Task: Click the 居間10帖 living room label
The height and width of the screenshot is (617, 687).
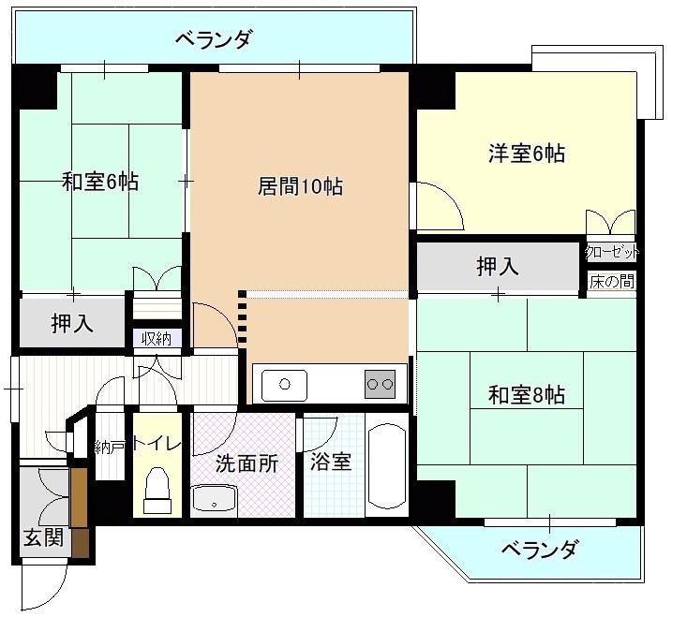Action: (x=300, y=186)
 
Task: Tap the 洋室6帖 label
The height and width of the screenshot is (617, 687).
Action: (x=526, y=154)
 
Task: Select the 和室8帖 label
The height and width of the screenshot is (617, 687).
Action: (x=526, y=395)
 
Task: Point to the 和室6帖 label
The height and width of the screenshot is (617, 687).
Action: (x=100, y=182)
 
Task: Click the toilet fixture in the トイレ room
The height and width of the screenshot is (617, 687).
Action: (x=157, y=490)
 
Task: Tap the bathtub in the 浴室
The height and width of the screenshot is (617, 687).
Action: (x=387, y=465)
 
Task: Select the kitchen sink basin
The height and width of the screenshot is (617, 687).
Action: (x=284, y=385)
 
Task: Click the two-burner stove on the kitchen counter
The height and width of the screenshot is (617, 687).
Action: (x=380, y=384)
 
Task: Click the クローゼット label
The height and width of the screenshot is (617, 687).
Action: (x=612, y=253)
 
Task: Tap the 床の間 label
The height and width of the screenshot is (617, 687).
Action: (x=612, y=282)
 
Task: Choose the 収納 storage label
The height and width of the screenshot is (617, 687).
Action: (x=157, y=338)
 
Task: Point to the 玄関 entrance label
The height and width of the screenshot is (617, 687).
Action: (x=43, y=537)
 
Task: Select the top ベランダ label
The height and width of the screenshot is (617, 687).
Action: (x=215, y=39)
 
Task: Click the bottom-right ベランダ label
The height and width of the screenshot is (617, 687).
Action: (x=540, y=549)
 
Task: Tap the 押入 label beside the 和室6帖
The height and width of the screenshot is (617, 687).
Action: (x=72, y=323)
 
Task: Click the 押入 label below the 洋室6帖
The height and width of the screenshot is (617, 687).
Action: (x=498, y=266)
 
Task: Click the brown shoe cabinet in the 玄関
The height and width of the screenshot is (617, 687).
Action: (x=80, y=513)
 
